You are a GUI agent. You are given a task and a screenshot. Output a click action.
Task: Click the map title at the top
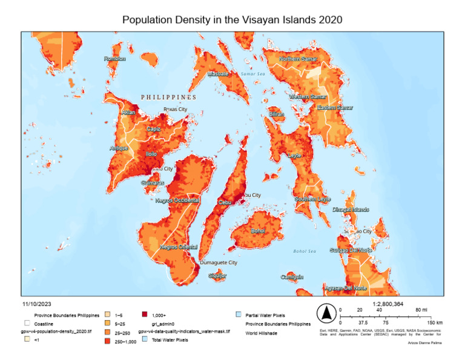pos(232,19)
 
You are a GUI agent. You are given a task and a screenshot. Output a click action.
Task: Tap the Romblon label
pos(115,59)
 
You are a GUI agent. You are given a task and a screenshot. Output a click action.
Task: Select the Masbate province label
pos(218,74)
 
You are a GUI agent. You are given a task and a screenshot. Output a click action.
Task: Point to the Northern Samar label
pos(298,59)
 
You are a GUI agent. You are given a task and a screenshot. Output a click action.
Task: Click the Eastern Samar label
pos(335,107)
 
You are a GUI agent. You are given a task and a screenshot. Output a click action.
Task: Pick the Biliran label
pos(276,114)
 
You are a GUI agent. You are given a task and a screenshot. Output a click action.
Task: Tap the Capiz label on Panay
pos(153,129)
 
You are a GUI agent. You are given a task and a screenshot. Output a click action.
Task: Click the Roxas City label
pos(175,110)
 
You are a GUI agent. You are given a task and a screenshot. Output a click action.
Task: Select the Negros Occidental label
pos(177,200)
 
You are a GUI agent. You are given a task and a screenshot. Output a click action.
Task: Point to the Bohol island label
pos(258,231)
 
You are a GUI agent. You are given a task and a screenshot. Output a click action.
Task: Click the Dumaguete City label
pos(218,263)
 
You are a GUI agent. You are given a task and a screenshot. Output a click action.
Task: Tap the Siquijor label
pos(217,276)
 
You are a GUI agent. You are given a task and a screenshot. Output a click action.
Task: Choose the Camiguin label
pos(292,277)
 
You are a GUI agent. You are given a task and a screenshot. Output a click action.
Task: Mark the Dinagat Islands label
pos(351,210)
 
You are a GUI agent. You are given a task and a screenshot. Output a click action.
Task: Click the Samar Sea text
pos(253,74)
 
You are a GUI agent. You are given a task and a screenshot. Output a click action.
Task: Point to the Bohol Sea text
pos(305,251)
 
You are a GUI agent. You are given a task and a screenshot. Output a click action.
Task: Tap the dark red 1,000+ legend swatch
pos(144,315)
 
